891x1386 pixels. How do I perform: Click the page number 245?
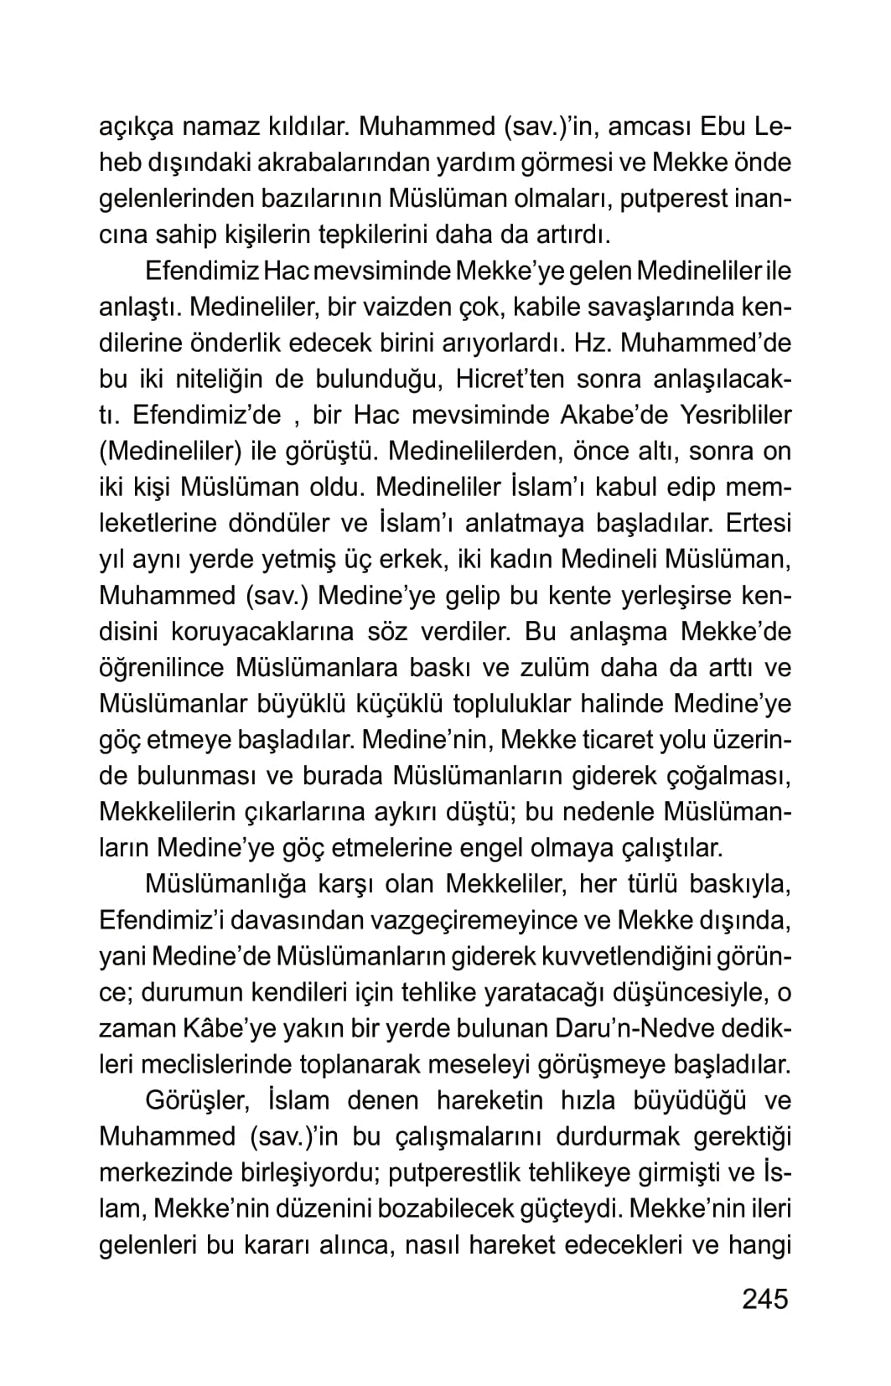[x=764, y=1298]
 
